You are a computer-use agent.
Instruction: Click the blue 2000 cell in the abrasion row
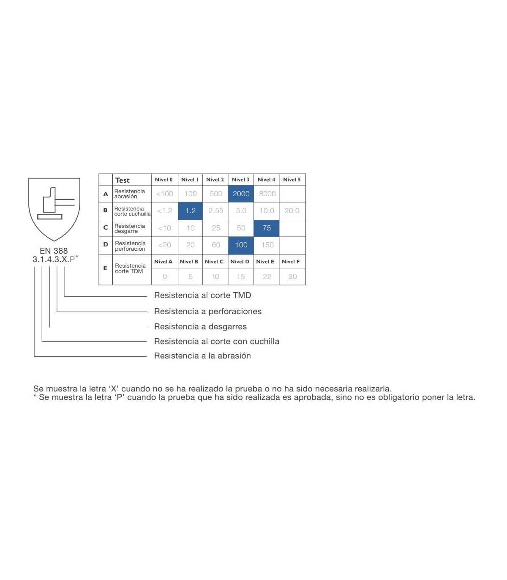tap(241, 194)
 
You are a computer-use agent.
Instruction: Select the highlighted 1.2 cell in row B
tap(190, 211)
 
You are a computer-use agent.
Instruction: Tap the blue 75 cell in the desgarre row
tap(266, 228)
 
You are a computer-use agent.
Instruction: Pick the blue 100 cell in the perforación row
tap(241, 245)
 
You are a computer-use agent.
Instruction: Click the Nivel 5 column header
tap(292, 179)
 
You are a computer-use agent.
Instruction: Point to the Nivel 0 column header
tap(164, 179)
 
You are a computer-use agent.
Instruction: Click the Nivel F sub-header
tap(291, 261)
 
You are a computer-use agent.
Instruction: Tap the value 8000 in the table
tap(267, 194)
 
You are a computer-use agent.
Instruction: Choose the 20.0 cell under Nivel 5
tap(292, 211)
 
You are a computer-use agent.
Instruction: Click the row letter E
tap(105, 268)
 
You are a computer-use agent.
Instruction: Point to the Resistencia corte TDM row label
tap(130, 268)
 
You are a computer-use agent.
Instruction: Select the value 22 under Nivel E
tap(267, 276)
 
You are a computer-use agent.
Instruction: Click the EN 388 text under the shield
tap(54, 251)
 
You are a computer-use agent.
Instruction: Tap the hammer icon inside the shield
tap(56, 203)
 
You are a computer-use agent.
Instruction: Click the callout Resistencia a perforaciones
tap(207, 311)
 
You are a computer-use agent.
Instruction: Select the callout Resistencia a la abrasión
tap(202, 356)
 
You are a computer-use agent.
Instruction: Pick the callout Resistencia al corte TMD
tap(202, 295)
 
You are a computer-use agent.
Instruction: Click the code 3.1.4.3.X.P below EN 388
tap(54, 259)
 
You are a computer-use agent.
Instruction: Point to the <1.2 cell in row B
tap(164, 211)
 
